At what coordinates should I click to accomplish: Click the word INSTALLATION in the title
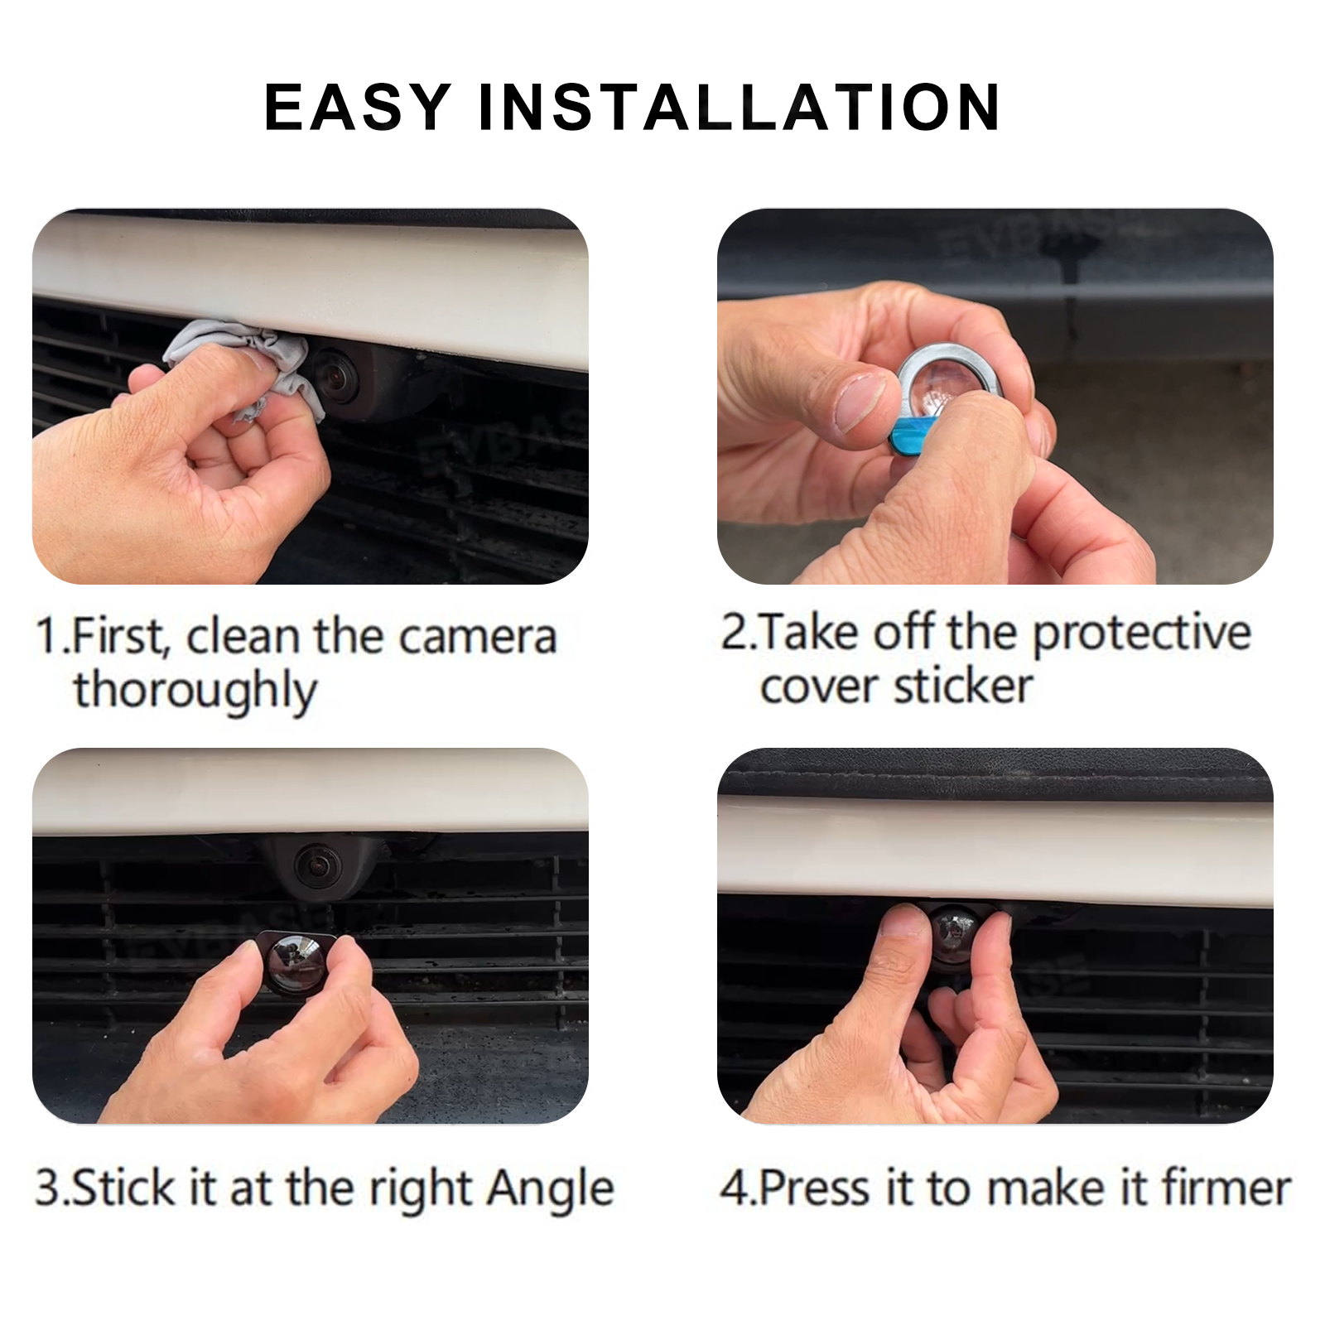click(x=740, y=108)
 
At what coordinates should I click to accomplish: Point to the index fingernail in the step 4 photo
click(x=903, y=922)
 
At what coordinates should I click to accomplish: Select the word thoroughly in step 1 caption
click(x=195, y=691)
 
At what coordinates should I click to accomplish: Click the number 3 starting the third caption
click(x=47, y=1188)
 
